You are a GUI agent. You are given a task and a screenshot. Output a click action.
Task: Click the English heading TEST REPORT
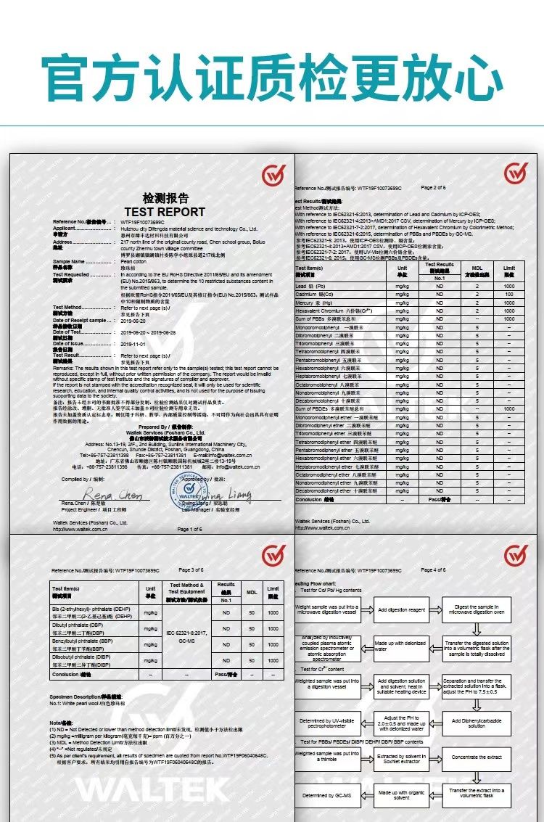click(x=165, y=212)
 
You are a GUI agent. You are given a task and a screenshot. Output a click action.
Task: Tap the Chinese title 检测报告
click(x=165, y=198)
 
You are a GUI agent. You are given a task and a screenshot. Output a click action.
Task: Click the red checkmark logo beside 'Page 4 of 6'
click(x=516, y=557)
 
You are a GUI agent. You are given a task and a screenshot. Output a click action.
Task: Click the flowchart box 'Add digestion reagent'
click(x=400, y=610)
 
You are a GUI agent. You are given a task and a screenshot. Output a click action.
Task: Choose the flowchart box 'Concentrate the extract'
click(x=476, y=757)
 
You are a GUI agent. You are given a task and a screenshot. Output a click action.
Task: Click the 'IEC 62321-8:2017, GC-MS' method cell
click(x=186, y=638)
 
